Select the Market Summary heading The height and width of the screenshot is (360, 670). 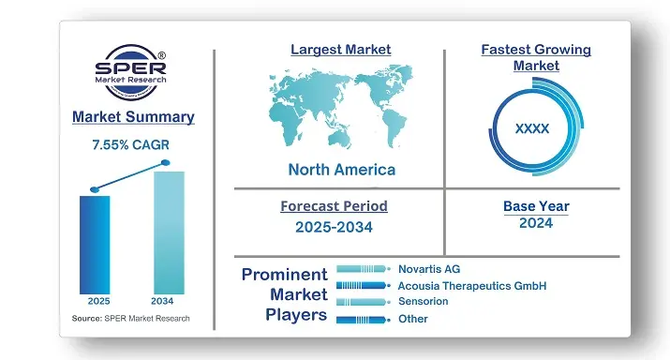[133, 117]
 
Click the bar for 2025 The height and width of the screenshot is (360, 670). [95, 243]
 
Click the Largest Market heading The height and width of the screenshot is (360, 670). [340, 49]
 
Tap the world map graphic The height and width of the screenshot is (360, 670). [340, 108]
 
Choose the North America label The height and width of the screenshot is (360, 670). [341, 170]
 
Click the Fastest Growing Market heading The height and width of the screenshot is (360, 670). [535, 57]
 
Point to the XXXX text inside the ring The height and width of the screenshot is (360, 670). [532, 128]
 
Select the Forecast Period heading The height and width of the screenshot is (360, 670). [334, 206]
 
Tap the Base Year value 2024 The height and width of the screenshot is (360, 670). [535, 223]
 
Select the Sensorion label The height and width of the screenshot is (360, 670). [423, 301]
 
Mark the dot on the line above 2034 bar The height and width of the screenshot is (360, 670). [166, 163]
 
